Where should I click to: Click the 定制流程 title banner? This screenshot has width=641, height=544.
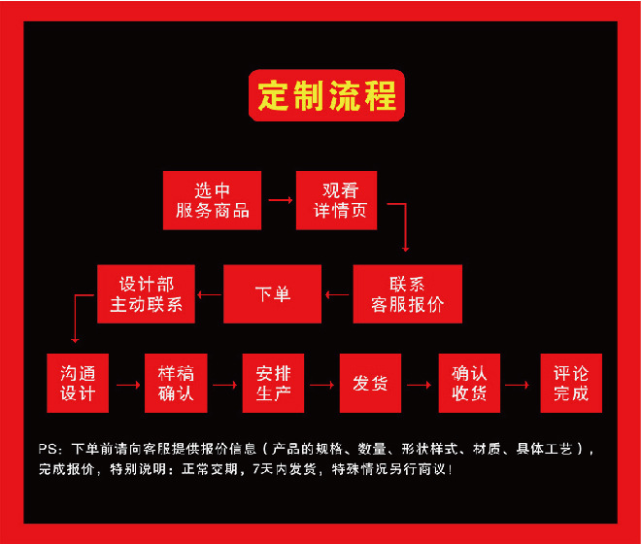pos(327,95)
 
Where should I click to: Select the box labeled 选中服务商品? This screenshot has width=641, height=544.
pos(212,200)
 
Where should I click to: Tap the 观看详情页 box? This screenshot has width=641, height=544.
pos(336,200)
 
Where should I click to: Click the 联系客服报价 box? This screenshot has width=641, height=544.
pos(407,293)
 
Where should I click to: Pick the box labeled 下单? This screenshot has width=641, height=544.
pos(272,293)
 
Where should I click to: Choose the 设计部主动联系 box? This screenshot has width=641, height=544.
pos(146,293)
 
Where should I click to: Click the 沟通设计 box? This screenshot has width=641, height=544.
pos(78,383)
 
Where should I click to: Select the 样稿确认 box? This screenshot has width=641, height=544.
pos(176,383)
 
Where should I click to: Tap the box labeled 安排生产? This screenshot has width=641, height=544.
pos(273,383)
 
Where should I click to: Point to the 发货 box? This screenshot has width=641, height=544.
pos(370,383)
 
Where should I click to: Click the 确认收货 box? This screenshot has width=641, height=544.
pos(470,383)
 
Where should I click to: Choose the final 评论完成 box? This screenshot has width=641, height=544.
pos(571,383)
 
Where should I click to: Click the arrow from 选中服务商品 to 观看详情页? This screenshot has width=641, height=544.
pos(280,200)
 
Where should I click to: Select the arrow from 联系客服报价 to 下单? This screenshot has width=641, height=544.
pos(337,293)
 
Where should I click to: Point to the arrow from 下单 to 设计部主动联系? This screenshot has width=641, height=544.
pos(209,293)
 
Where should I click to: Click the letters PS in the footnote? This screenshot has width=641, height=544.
pos(49,450)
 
